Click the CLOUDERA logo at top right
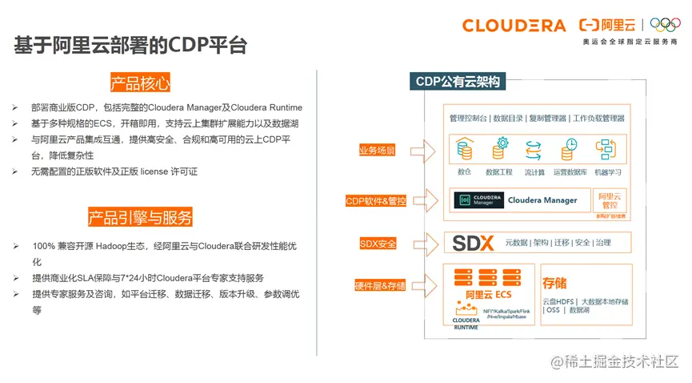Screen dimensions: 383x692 pyautogui.click(x=514, y=26)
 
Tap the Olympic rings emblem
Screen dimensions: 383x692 pyautogui.click(x=665, y=25)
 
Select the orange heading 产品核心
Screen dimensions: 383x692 pyautogui.click(x=140, y=83)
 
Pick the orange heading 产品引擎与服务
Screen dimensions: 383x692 pyautogui.click(x=140, y=217)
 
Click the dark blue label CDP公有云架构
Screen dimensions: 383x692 pyautogui.click(x=458, y=81)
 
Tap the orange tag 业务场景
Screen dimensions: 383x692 pyautogui.click(x=377, y=150)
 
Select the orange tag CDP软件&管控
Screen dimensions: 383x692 pyautogui.click(x=375, y=200)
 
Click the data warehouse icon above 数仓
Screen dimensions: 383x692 pyautogui.click(x=464, y=150)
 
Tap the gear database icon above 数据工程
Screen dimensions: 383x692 pyautogui.click(x=499, y=150)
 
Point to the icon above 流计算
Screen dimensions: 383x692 pyautogui.click(x=534, y=150)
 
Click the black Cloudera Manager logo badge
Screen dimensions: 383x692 pyautogui.click(x=478, y=200)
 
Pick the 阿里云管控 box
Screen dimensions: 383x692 pyautogui.click(x=610, y=200)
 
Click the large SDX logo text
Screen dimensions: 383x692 pyautogui.click(x=474, y=243)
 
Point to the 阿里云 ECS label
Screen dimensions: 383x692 pyautogui.click(x=484, y=295)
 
